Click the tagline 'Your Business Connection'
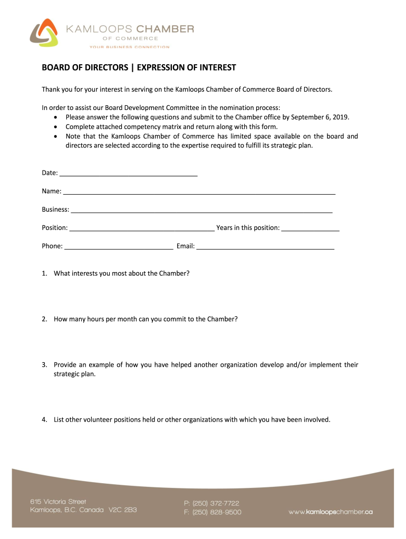[129, 47]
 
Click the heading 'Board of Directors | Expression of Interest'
[139, 68]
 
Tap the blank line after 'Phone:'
[119, 246]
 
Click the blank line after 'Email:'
[265, 246]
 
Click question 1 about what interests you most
[121, 273]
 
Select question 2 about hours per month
[145, 319]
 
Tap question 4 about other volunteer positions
[192, 420]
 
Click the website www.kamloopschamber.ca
[331, 512]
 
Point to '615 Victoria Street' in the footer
[58, 502]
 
